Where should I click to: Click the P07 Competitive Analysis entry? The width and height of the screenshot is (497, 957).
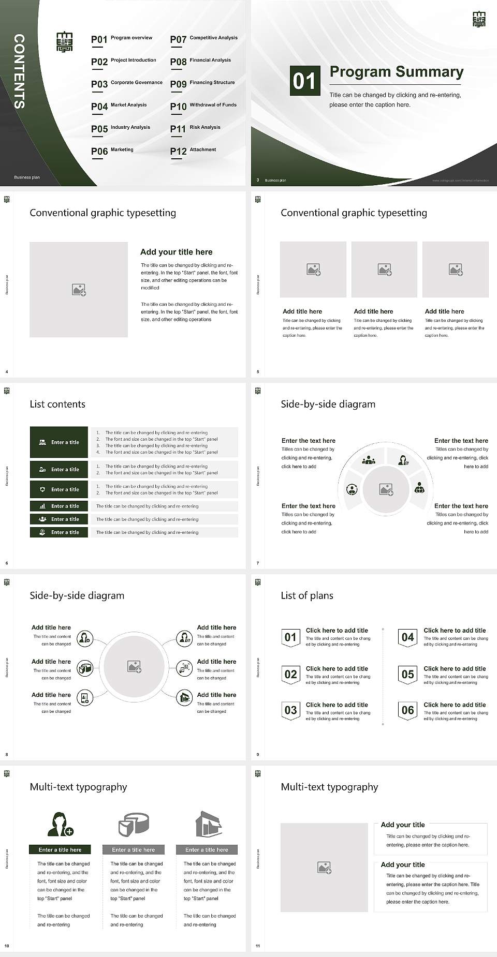point(203,39)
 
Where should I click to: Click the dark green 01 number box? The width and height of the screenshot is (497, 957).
point(304,81)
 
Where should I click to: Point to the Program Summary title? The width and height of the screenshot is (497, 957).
point(396,72)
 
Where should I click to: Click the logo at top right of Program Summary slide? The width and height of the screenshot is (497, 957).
point(479,20)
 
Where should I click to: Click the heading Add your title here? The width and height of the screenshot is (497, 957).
point(176,252)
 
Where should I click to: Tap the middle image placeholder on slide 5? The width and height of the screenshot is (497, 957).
point(384,270)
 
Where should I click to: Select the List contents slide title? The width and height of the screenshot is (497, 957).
point(57,404)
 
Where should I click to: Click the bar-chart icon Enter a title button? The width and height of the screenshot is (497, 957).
point(59,506)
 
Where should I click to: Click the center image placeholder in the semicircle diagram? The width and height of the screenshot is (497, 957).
point(386,489)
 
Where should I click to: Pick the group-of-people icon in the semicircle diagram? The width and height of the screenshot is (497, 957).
point(369,460)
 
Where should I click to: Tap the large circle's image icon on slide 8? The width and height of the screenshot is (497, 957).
point(135,667)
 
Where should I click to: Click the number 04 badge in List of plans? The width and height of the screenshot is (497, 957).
point(407,637)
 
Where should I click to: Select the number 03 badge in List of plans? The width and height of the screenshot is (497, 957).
point(290,710)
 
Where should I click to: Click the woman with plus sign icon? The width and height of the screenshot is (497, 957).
point(60,825)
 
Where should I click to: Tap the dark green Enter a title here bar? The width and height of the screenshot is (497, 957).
point(60,849)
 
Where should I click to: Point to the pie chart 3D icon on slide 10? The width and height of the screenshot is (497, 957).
point(134,824)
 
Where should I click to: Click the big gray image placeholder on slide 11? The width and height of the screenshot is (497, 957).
point(324,868)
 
